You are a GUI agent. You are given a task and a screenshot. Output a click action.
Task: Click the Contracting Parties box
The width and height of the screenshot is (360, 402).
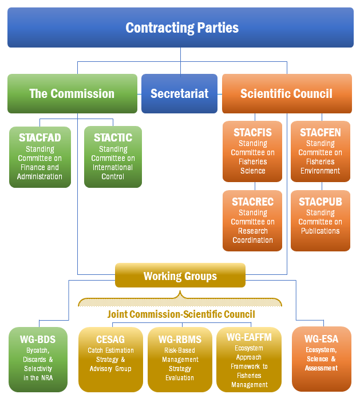pyautogui.click(x=180, y=27)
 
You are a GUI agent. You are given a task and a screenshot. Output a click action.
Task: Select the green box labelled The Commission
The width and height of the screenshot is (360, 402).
pyautogui.click(x=72, y=93)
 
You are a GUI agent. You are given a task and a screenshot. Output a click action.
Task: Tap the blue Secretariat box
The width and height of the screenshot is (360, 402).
pyautogui.click(x=179, y=93)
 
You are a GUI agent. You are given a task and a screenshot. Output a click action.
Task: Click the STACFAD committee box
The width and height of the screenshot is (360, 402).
pyautogui.click(x=40, y=156)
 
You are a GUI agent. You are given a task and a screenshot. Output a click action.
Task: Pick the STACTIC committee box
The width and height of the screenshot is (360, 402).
pyautogui.click(x=113, y=156)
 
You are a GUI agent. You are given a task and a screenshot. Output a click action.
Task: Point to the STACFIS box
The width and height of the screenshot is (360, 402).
pyautogui.click(x=252, y=151)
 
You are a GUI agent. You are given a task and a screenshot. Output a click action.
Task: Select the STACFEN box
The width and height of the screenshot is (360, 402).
pyautogui.click(x=320, y=151)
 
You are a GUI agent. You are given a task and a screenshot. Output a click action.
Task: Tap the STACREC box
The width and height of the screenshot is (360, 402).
pyautogui.click(x=252, y=220)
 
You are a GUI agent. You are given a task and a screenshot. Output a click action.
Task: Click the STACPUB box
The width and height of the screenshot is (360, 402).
pyautogui.click(x=320, y=220)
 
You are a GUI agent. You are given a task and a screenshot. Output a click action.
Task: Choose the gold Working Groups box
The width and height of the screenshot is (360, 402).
pyautogui.click(x=180, y=276)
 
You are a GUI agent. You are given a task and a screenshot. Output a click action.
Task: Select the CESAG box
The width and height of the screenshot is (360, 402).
pyautogui.click(x=110, y=359)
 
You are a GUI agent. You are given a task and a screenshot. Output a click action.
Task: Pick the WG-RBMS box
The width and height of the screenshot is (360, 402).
pyautogui.click(x=180, y=359)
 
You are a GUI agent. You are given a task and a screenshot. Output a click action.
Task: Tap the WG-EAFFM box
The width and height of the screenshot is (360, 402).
pyautogui.click(x=250, y=359)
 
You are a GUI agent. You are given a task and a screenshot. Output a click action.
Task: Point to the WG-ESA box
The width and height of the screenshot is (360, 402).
pyautogui.click(x=321, y=359)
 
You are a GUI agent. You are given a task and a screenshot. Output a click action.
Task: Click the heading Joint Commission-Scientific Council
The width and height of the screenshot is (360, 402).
pyautogui.click(x=181, y=314)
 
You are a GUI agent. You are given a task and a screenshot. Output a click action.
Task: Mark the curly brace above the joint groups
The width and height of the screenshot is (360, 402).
pyautogui.click(x=180, y=299)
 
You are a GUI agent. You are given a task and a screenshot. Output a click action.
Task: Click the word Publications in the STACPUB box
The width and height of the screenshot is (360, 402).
pyautogui.click(x=321, y=231)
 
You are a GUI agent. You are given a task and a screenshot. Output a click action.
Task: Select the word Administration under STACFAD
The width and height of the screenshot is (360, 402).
pyautogui.click(x=40, y=176)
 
